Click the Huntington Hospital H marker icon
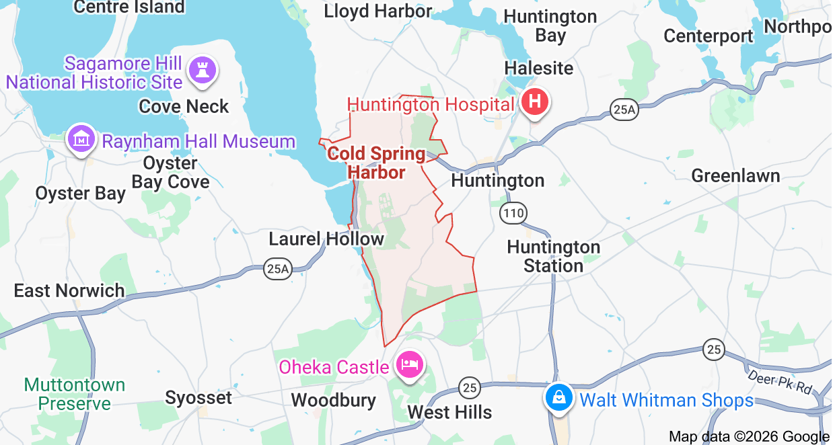click(535, 103)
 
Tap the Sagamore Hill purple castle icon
click(203, 69)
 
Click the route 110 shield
click(513, 214)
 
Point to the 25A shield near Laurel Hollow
click(277, 269)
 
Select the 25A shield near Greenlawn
click(624, 109)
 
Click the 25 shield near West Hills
click(470, 387)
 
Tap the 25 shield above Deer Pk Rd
click(714, 349)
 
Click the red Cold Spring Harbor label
click(376, 163)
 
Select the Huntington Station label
click(553, 256)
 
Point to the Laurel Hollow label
click(326, 239)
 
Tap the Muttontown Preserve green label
click(75, 394)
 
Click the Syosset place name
click(198, 397)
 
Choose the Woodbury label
click(333, 400)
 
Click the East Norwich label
click(69, 290)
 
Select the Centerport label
click(708, 36)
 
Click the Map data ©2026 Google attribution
click(749, 436)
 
